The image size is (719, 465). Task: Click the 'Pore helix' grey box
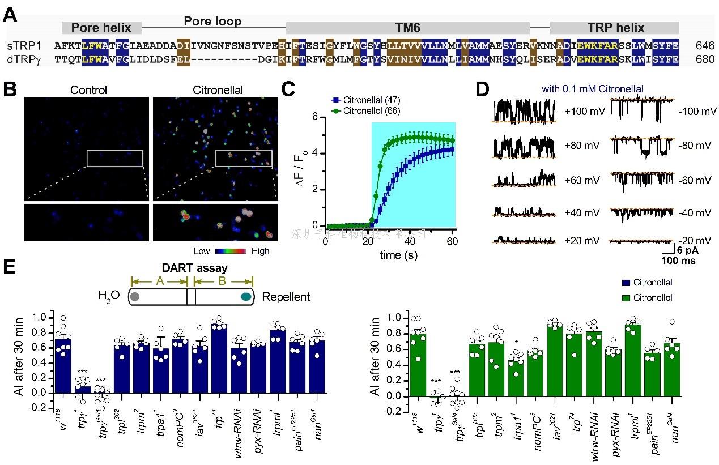pyautogui.click(x=101, y=28)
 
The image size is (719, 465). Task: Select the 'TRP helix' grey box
pyautogui.click(x=615, y=28)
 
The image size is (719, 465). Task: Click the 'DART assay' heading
pyautogui.click(x=195, y=269)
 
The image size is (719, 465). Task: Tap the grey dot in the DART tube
pyautogui.click(x=135, y=296)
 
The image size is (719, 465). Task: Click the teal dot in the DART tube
pyautogui.click(x=246, y=296)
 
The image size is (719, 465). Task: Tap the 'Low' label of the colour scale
pyautogui.click(x=201, y=251)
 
